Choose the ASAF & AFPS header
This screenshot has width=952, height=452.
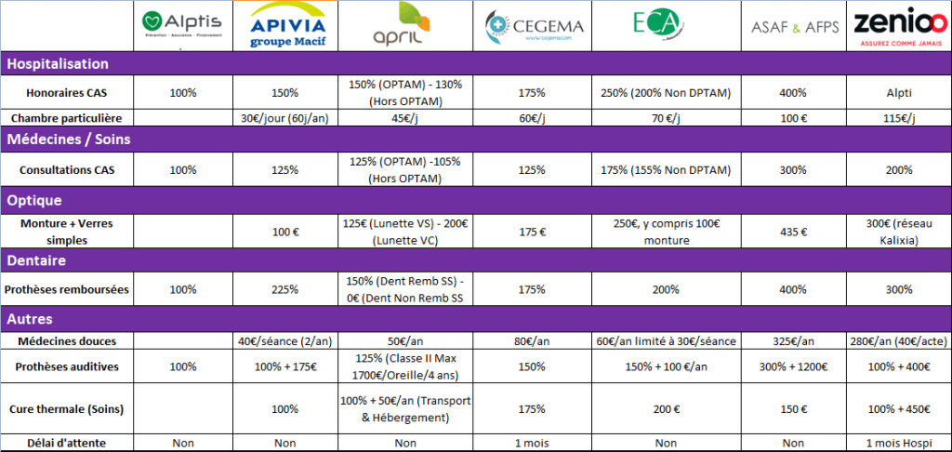[x=795, y=28]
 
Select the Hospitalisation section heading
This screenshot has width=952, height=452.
[x=59, y=64]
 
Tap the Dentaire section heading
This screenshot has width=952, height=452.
[x=38, y=260]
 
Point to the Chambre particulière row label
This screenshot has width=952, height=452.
[x=67, y=118]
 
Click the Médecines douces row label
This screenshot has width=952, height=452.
[x=67, y=341]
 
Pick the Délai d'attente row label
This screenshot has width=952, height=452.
[x=67, y=444]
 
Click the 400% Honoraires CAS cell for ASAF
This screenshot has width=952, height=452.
[x=795, y=93]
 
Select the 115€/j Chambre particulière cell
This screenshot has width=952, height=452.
[x=899, y=118]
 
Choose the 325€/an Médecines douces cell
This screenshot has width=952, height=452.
[x=795, y=341]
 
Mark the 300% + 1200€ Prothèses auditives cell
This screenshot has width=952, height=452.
[x=795, y=366]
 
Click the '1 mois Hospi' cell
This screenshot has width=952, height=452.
[x=899, y=444]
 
